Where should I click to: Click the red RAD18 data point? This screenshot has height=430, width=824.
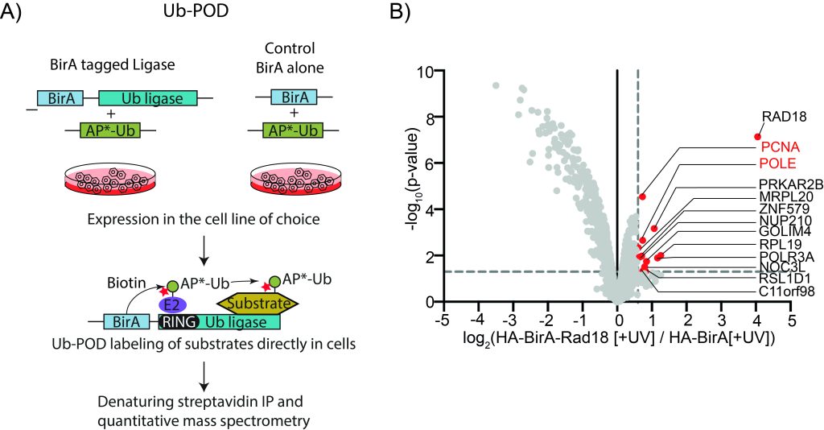click(757, 137)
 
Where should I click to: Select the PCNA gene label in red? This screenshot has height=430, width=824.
click(780, 147)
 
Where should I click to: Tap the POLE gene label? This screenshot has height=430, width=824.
click(778, 163)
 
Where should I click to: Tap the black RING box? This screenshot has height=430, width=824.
click(179, 322)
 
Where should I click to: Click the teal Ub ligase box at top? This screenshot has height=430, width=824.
click(148, 98)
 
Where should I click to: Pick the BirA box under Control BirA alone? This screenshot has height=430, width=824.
click(293, 97)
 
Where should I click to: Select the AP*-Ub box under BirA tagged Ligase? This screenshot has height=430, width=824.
click(109, 130)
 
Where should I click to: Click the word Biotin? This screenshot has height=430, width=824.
click(126, 283)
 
